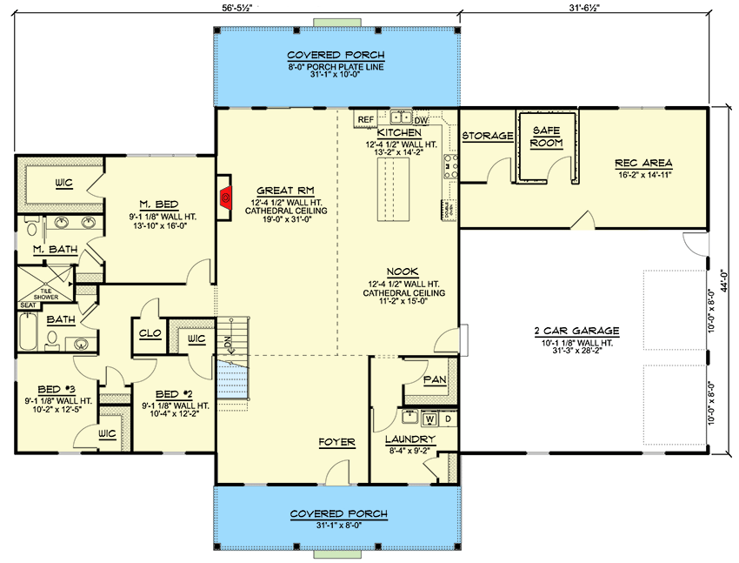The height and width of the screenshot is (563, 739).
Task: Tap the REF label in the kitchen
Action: pos(365,119)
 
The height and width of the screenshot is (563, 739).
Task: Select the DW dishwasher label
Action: pos(421,119)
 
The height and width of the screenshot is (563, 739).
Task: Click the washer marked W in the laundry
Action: pos(429,419)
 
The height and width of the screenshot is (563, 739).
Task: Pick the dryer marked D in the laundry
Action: pos(448,419)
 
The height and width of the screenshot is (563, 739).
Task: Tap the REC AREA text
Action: pos(643,163)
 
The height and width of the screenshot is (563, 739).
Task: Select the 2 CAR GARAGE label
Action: pos(576,331)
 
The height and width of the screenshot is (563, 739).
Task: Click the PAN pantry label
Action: pos(434,380)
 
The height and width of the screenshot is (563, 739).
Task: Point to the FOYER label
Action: pos(336,442)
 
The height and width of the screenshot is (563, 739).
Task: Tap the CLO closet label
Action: pos(148,332)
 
